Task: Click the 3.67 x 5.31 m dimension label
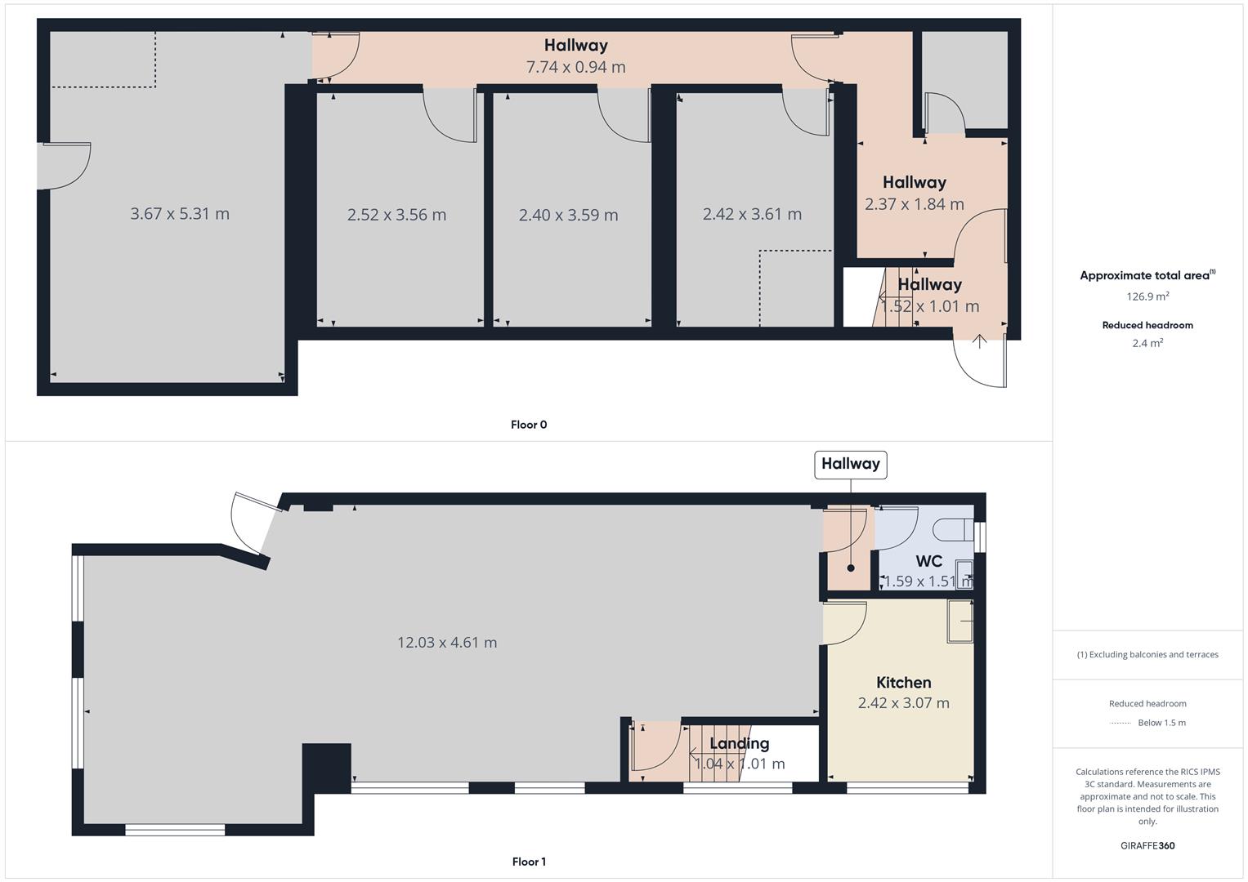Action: pyautogui.click(x=180, y=214)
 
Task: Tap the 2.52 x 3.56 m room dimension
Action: pyautogui.click(x=396, y=215)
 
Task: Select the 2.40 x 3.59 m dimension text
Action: pyautogui.click(x=568, y=215)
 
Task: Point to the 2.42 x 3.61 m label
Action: pyautogui.click(x=752, y=214)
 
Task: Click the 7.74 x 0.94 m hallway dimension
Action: pyautogui.click(x=575, y=67)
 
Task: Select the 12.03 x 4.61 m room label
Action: pyautogui.click(x=447, y=643)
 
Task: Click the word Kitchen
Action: pyautogui.click(x=903, y=683)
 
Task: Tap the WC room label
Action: pyautogui.click(x=928, y=562)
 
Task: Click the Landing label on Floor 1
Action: pyautogui.click(x=739, y=743)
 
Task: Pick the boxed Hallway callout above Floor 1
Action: pyautogui.click(x=850, y=464)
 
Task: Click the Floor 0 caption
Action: pyautogui.click(x=529, y=425)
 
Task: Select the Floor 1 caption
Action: pyautogui.click(x=529, y=862)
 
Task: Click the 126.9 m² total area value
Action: pyautogui.click(x=1147, y=297)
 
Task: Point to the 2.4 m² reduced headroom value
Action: pyautogui.click(x=1147, y=344)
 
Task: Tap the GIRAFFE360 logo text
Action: pyautogui.click(x=1147, y=846)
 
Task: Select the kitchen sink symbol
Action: pyautogui.click(x=960, y=621)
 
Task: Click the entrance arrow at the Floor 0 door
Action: pyautogui.click(x=979, y=341)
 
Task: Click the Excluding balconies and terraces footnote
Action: pyautogui.click(x=1147, y=655)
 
